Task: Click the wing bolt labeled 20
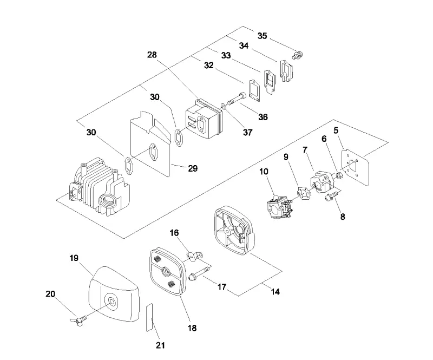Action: click(x=78, y=320)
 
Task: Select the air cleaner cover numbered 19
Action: click(x=113, y=294)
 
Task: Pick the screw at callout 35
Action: click(x=298, y=55)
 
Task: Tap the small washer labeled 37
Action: click(x=223, y=106)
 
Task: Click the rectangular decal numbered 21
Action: click(x=150, y=317)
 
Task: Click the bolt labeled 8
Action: click(x=331, y=197)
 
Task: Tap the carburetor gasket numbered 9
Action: click(x=303, y=193)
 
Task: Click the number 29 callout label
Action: click(x=193, y=168)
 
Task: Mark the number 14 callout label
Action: click(x=275, y=291)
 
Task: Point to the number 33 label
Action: click(x=226, y=55)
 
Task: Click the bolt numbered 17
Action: click(x=199, y=272)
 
